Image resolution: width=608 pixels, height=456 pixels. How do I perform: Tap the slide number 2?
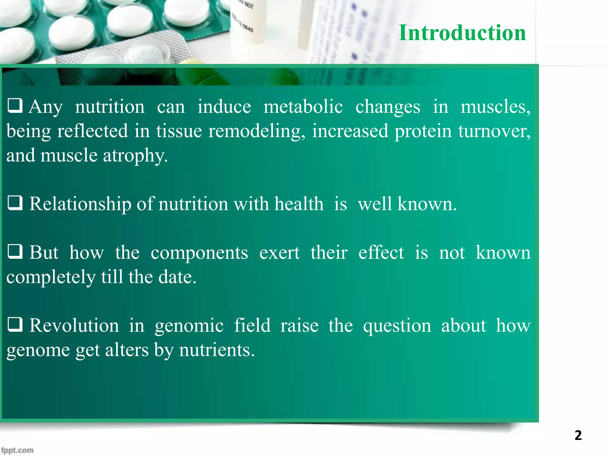click(x=578, y=436)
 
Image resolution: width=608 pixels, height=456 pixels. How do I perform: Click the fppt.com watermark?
click(x=17, y=450)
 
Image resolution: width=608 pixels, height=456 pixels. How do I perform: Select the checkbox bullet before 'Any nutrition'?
click(x=15, y=106)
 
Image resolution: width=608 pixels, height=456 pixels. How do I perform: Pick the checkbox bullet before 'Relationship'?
click(x=15, y=203)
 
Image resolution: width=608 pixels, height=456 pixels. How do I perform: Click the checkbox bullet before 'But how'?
click(x=15, y=251)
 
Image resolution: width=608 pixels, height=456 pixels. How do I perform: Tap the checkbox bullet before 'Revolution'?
click(x=15, y=324)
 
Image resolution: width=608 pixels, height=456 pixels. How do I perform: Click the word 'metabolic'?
click(x=303, y=107)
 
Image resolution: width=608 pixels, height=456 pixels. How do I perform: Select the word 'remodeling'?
click(x=256, y=131)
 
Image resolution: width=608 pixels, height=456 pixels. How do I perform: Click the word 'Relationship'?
click(x=80, y=204)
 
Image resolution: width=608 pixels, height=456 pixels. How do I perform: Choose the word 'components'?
click(x=199, y=253)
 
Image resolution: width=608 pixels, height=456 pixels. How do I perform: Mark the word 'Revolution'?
click(x=74, y=326)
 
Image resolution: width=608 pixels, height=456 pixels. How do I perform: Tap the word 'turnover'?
click(x=493, y=131)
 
